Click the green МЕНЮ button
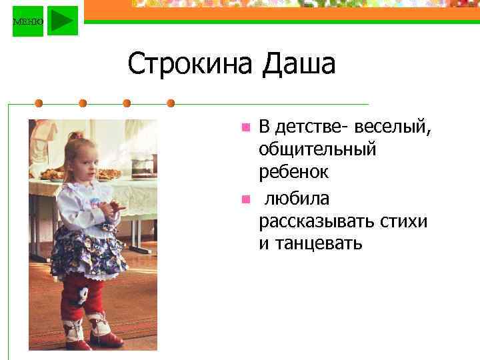coord(27,21)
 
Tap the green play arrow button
coord(63,21)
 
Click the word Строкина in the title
coord(191,65)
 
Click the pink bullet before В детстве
coord(245,126)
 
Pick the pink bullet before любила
coord(245,199)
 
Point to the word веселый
coord(393,126)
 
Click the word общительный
coord(317,150)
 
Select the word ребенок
coord(293,173)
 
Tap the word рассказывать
coord(316,221)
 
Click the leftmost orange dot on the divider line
coord(39,103)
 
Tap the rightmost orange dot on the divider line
coord(171,103)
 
